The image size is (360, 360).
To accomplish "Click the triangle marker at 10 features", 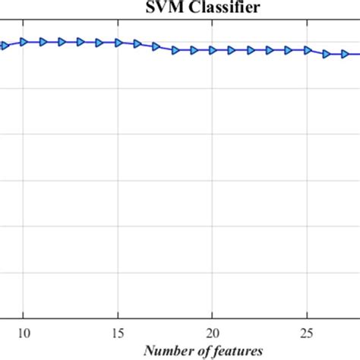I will pos(24,42).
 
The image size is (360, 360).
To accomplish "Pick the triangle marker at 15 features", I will pos(118,43).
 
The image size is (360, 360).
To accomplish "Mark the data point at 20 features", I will pos(213,50).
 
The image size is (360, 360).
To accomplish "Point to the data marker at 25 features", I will pos(307,50).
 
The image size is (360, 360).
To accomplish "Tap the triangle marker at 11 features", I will pos(43,42).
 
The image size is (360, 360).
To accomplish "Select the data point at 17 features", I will pos(156,46).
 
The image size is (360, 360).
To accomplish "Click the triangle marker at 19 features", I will pos(194,50).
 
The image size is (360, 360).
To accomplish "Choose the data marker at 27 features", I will pos(345,54).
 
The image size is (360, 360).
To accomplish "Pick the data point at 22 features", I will pos(251,50).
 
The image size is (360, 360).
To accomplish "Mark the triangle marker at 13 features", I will pos(81,43).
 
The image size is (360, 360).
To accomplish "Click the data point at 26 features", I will pos(326,54).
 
